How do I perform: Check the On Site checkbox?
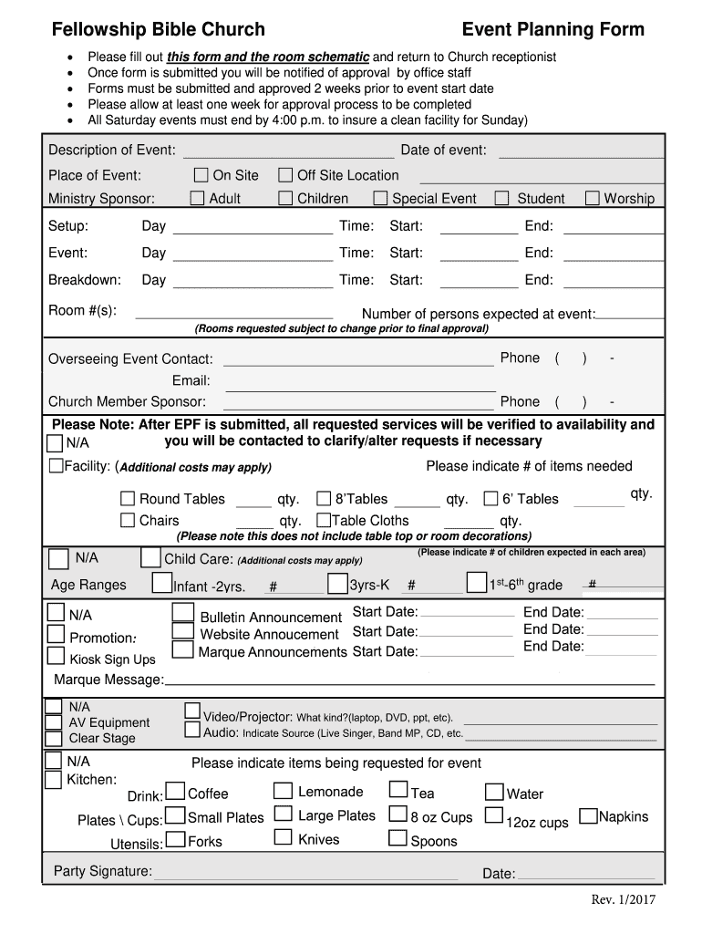201,175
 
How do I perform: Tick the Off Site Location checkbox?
285,175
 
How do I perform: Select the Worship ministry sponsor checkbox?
593,198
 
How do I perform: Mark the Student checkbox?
501,198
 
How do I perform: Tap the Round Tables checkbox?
129,499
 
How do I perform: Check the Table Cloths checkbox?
323,521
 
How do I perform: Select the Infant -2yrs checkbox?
162,582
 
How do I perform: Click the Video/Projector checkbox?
192,711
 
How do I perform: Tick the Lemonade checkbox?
284,791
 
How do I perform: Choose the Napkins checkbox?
588,815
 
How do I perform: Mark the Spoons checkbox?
398,838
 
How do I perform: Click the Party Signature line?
305,876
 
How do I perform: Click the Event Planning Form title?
552,30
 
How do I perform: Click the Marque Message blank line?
409,681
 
